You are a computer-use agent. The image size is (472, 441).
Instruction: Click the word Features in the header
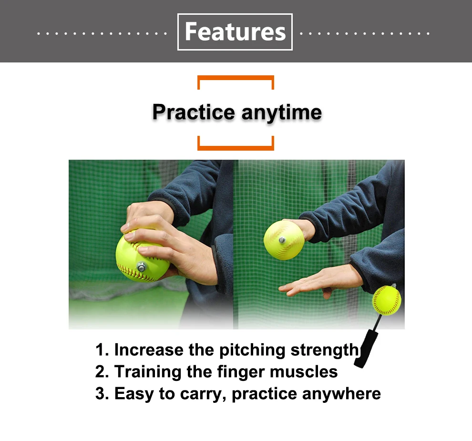(x=235, y=32)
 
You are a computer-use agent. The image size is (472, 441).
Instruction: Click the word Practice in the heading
(x=194, y=113)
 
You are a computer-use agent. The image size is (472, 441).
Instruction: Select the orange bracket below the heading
(x=236, y=146)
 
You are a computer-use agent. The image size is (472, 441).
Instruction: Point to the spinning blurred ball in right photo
(x=284, y=240)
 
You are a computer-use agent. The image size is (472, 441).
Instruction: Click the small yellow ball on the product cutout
(x=387, y=300)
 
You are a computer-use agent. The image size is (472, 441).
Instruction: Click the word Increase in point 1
(x=148, y=349)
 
